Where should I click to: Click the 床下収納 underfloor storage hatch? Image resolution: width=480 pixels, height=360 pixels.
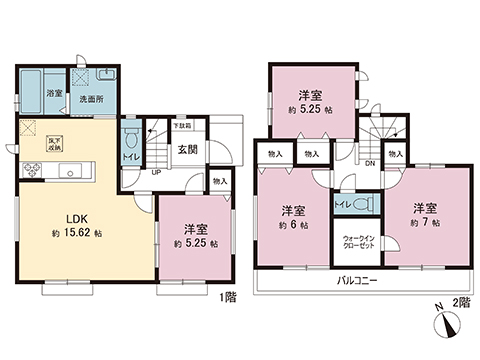point(32,131)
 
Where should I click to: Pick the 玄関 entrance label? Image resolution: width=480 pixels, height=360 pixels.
point(188,150)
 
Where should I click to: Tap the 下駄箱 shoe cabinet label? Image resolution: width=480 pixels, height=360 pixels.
point(182,125)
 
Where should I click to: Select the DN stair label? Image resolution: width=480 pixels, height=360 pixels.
point(369,164)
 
